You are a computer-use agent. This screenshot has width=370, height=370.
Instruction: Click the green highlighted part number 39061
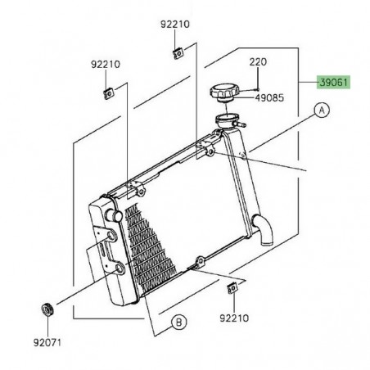click(333, 83)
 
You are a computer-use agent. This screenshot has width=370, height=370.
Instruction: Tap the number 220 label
click(259, 62)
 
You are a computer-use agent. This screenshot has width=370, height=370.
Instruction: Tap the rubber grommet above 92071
click(47, 310)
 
